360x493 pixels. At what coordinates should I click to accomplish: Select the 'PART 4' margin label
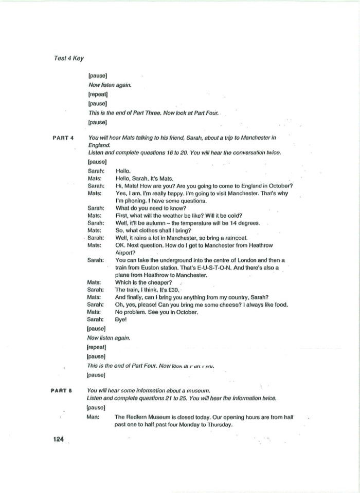pyautogui.click(x=64, y=138)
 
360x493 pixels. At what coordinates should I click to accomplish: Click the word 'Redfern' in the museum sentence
pyautogui.click(x=136, y=417)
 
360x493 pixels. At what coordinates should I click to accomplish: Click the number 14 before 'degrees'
pyautogui.click(x=230, y=223)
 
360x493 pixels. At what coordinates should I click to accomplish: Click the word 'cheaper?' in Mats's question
pyautogui.click(x=159, y=282)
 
